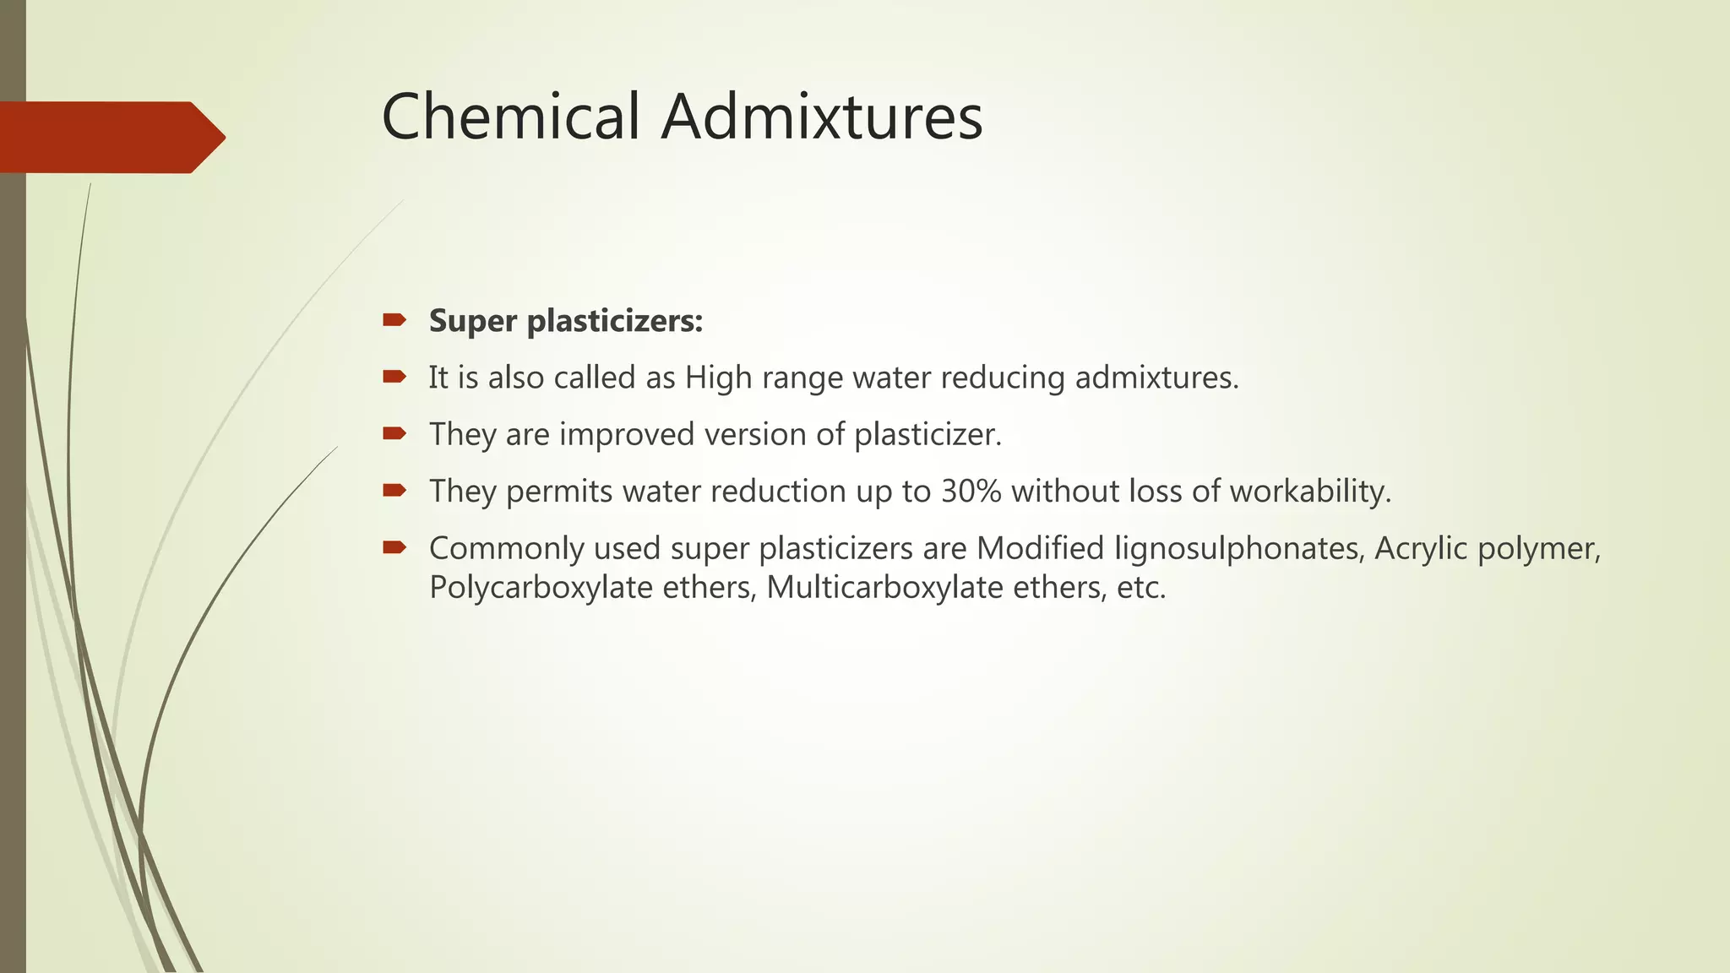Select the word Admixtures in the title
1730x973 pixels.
pos(822,117)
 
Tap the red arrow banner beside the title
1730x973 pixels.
pos(110,137)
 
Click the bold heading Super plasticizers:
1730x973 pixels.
pos(566,321)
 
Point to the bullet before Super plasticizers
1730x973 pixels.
pos(394,319)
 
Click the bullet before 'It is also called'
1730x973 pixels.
pos(394,377)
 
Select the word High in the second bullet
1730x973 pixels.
pos(718,378)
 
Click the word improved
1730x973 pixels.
pos(627,434)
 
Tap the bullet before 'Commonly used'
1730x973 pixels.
pos(394,547)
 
